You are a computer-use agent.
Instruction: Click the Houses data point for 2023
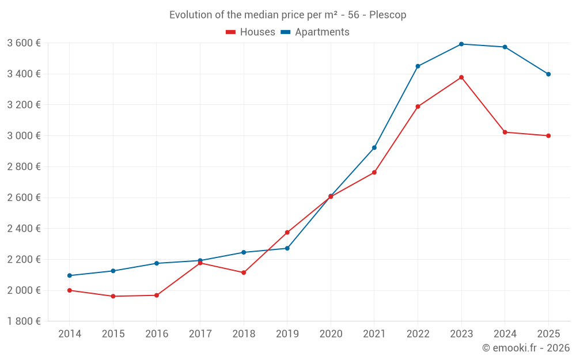click(x=461, y=77)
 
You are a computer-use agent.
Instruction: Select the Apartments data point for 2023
click(x=461, y=44)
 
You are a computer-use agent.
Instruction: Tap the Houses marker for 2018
click(x=244, y=272)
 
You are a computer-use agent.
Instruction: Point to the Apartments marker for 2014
click(x=70, y=275)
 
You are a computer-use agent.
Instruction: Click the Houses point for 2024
click(x=505, y=132)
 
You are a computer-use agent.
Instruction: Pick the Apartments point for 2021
click(x=374, y=147)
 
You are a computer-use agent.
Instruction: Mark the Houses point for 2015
click(x=113, y=296)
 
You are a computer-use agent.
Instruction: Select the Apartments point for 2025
click(x=548, y=74)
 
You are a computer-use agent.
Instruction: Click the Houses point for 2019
click(x=287, y=232)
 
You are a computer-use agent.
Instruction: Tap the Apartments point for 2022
click(x=418, y=66)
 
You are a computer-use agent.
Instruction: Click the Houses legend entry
click(x=251, y=32)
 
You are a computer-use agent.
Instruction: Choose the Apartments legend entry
click(x=315, y=32)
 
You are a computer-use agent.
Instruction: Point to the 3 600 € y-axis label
click(x=24, y=43)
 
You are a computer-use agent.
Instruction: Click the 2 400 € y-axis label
click(x=24, y=228)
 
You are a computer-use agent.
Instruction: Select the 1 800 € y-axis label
click(x=24, y=321)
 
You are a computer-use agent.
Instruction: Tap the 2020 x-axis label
click(x=331, y=334)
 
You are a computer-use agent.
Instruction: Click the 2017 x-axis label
click(x=200, y=334)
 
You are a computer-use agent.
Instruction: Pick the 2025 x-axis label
click(x=548, y=334)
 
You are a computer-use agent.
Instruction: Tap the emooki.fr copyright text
click(x=526, y=348)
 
